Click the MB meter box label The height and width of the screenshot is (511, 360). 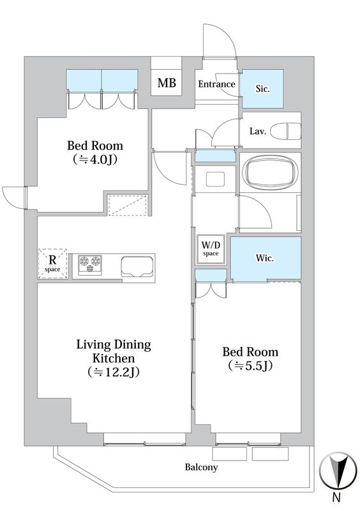[x=167, y=83]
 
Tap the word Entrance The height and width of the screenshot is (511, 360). [x=216, y=84]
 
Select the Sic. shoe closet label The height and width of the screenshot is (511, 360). [x=262, y=89]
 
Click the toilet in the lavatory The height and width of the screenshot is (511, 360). [x=287, y=131]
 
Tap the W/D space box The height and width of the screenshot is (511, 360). [x=211, y=250]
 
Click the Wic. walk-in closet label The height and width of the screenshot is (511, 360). [x=264, y=258]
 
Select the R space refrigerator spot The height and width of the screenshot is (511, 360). [x=53, y=264]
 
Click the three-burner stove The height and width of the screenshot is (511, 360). [x=89, y=263]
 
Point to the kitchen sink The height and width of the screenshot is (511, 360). [x=137, y=266]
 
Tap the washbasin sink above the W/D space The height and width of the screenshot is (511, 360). [x=214, y=179]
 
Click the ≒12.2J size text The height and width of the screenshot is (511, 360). [x=114, y=372]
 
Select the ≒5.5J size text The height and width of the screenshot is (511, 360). [x=250, y=366]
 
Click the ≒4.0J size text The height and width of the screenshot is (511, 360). [x=95, y=159]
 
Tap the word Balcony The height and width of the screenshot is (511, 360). [x=201, y=468]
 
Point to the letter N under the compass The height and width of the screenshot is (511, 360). [x=337, y=498]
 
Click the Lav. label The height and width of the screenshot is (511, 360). [x=258, y=132]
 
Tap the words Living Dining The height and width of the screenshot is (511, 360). [x=114, y=345]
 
